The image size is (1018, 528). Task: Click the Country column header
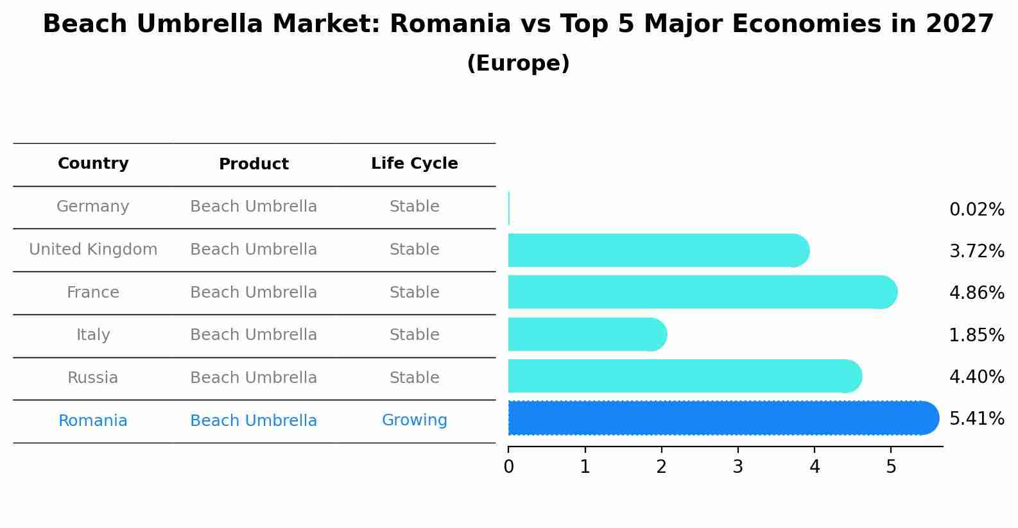[93, 164]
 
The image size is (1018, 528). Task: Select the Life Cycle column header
[414, 164]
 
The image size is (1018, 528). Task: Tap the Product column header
[254, 164]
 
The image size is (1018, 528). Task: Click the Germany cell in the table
[93, 207]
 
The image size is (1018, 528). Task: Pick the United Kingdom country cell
[93, 250]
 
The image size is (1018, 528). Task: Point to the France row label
[93, 293]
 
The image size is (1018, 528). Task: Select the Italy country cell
[93, 335]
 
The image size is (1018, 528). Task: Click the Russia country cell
[93, 378]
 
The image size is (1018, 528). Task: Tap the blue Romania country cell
[93, 421]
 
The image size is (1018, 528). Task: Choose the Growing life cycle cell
[414, 420]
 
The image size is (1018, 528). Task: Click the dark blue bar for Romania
[719, 418]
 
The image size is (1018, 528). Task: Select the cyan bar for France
[700, 292]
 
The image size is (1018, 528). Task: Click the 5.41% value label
[976, 419]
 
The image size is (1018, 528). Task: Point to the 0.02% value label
[976, 210]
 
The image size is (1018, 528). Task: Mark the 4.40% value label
[976, 377]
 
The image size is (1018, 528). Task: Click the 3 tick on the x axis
[738, 467]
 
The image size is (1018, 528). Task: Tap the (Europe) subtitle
[518, 64]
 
